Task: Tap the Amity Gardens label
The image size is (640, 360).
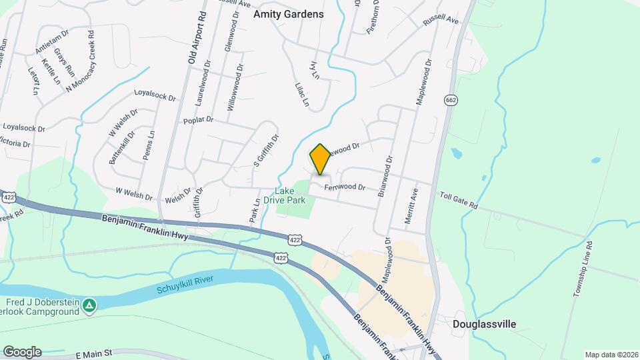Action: coord(288,14)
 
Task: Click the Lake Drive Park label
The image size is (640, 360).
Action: coord(294,194)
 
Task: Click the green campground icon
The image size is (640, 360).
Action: coord(90,306)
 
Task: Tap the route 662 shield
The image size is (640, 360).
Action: coord(450,99)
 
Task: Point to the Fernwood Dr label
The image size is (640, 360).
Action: coord(345,187)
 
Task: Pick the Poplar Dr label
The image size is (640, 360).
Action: coord(198,120)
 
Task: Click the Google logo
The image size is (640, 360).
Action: coord(22,351)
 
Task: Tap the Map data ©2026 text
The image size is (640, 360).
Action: coord(610,355)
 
